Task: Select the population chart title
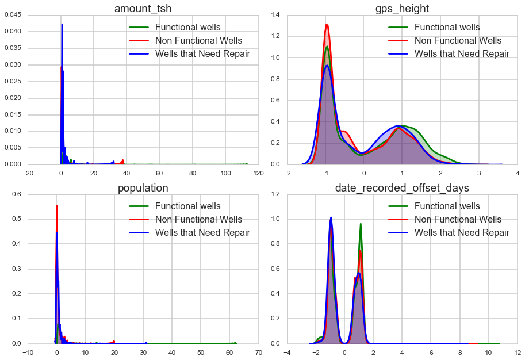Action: tap(143, 188)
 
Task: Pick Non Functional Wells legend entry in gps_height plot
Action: tap(458, 41)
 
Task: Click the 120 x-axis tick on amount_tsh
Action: tap(259, 173)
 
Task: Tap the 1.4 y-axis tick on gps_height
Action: tap(277, 16)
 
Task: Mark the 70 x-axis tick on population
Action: tap(259, 353)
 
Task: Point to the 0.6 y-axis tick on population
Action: tap(16, 195)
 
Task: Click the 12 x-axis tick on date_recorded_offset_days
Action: tap(518, 353)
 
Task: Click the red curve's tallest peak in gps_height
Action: tap(327, 24)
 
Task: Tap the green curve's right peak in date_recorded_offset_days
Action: tap(361, 224)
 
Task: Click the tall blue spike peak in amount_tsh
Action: tap(62, 24)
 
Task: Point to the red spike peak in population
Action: tap(56, 206)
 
